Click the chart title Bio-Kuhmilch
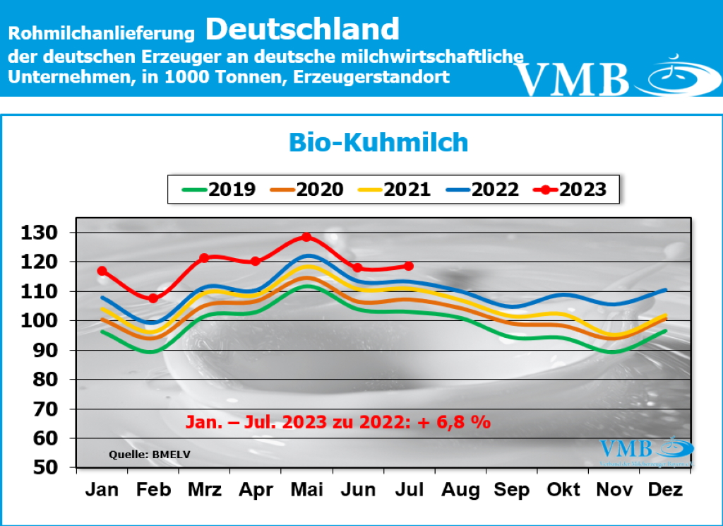(378, 142)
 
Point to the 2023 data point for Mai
(306, 237)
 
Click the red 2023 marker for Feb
(153, 298)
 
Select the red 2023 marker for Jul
(409, 266)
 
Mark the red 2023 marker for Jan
(102, 271)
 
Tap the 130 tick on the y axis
(48, 233)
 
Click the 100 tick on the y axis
(48, 320)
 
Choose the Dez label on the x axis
(665, 490)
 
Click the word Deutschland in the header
(303, 29)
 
